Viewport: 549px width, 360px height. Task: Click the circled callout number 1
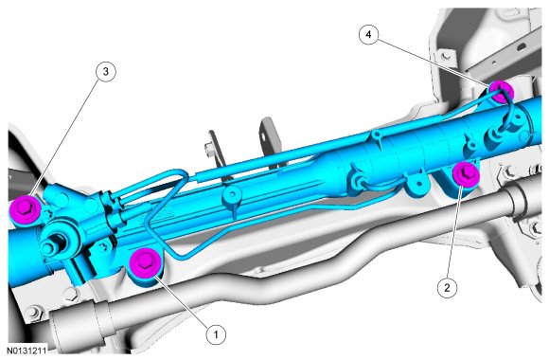click(216, 334)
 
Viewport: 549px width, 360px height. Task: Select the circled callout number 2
click(447, 287)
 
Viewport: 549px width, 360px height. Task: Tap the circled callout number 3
click(105, 71)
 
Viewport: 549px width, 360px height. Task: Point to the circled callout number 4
click(368, 34)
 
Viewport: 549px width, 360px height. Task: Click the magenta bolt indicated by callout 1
click(145, 262)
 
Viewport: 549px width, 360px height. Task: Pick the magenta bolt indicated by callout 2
click(466, 174)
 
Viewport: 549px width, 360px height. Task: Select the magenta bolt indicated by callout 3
click(26, 208)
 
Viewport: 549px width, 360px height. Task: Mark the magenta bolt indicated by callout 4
click(501, 91)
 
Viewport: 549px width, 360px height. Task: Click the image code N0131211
click(27, 351)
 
